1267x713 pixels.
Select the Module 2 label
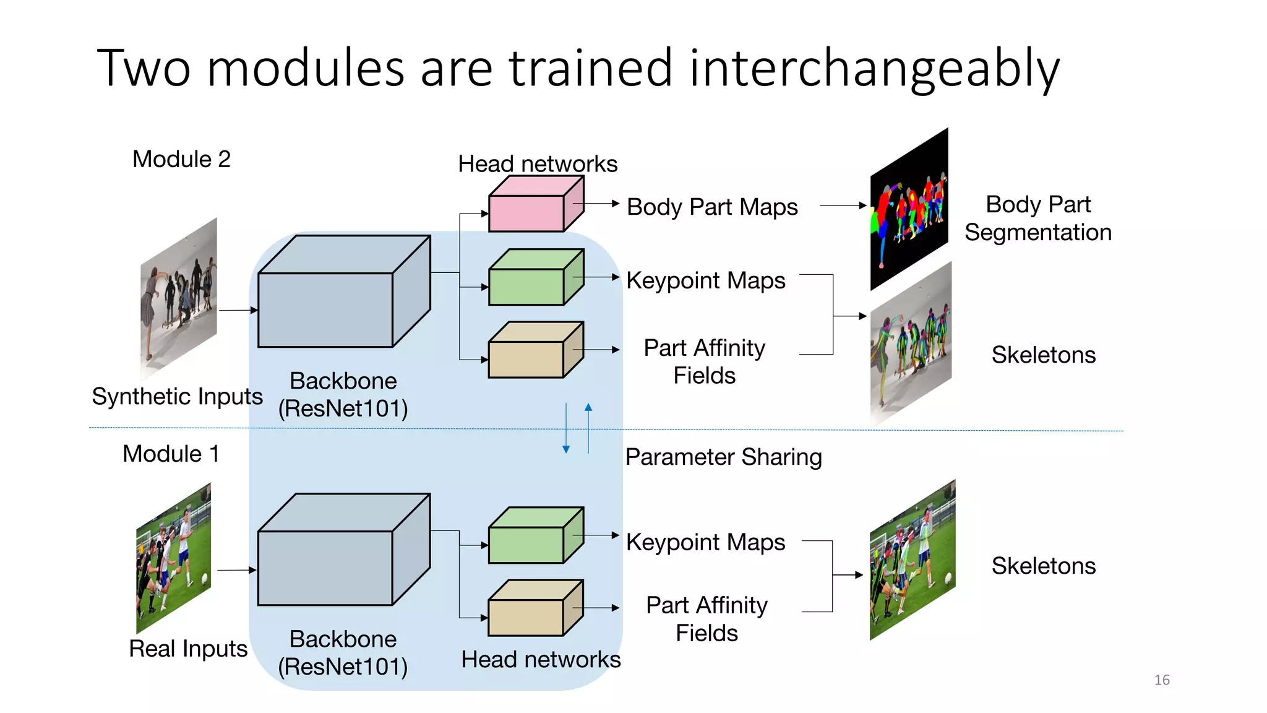181,160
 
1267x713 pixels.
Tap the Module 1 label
171,454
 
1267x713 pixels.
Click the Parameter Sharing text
723,457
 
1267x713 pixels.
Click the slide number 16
1161,680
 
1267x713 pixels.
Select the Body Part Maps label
711,207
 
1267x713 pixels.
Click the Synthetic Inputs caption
177,396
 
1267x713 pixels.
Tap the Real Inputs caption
188,649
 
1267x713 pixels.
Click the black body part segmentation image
909,210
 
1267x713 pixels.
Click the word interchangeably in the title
874,68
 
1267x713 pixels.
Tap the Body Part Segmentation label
1037,218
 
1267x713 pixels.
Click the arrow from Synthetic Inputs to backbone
238,310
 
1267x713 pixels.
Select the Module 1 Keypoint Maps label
705,542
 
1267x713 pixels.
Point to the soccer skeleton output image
913,560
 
